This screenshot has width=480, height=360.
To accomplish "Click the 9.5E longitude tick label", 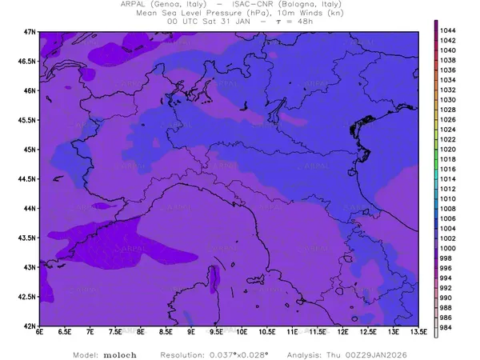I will click(216, 332).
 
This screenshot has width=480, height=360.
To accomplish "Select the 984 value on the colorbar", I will click(448, 328).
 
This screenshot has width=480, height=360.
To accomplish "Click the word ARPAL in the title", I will click(151, 5).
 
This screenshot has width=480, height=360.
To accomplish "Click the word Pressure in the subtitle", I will click(212, 14).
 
